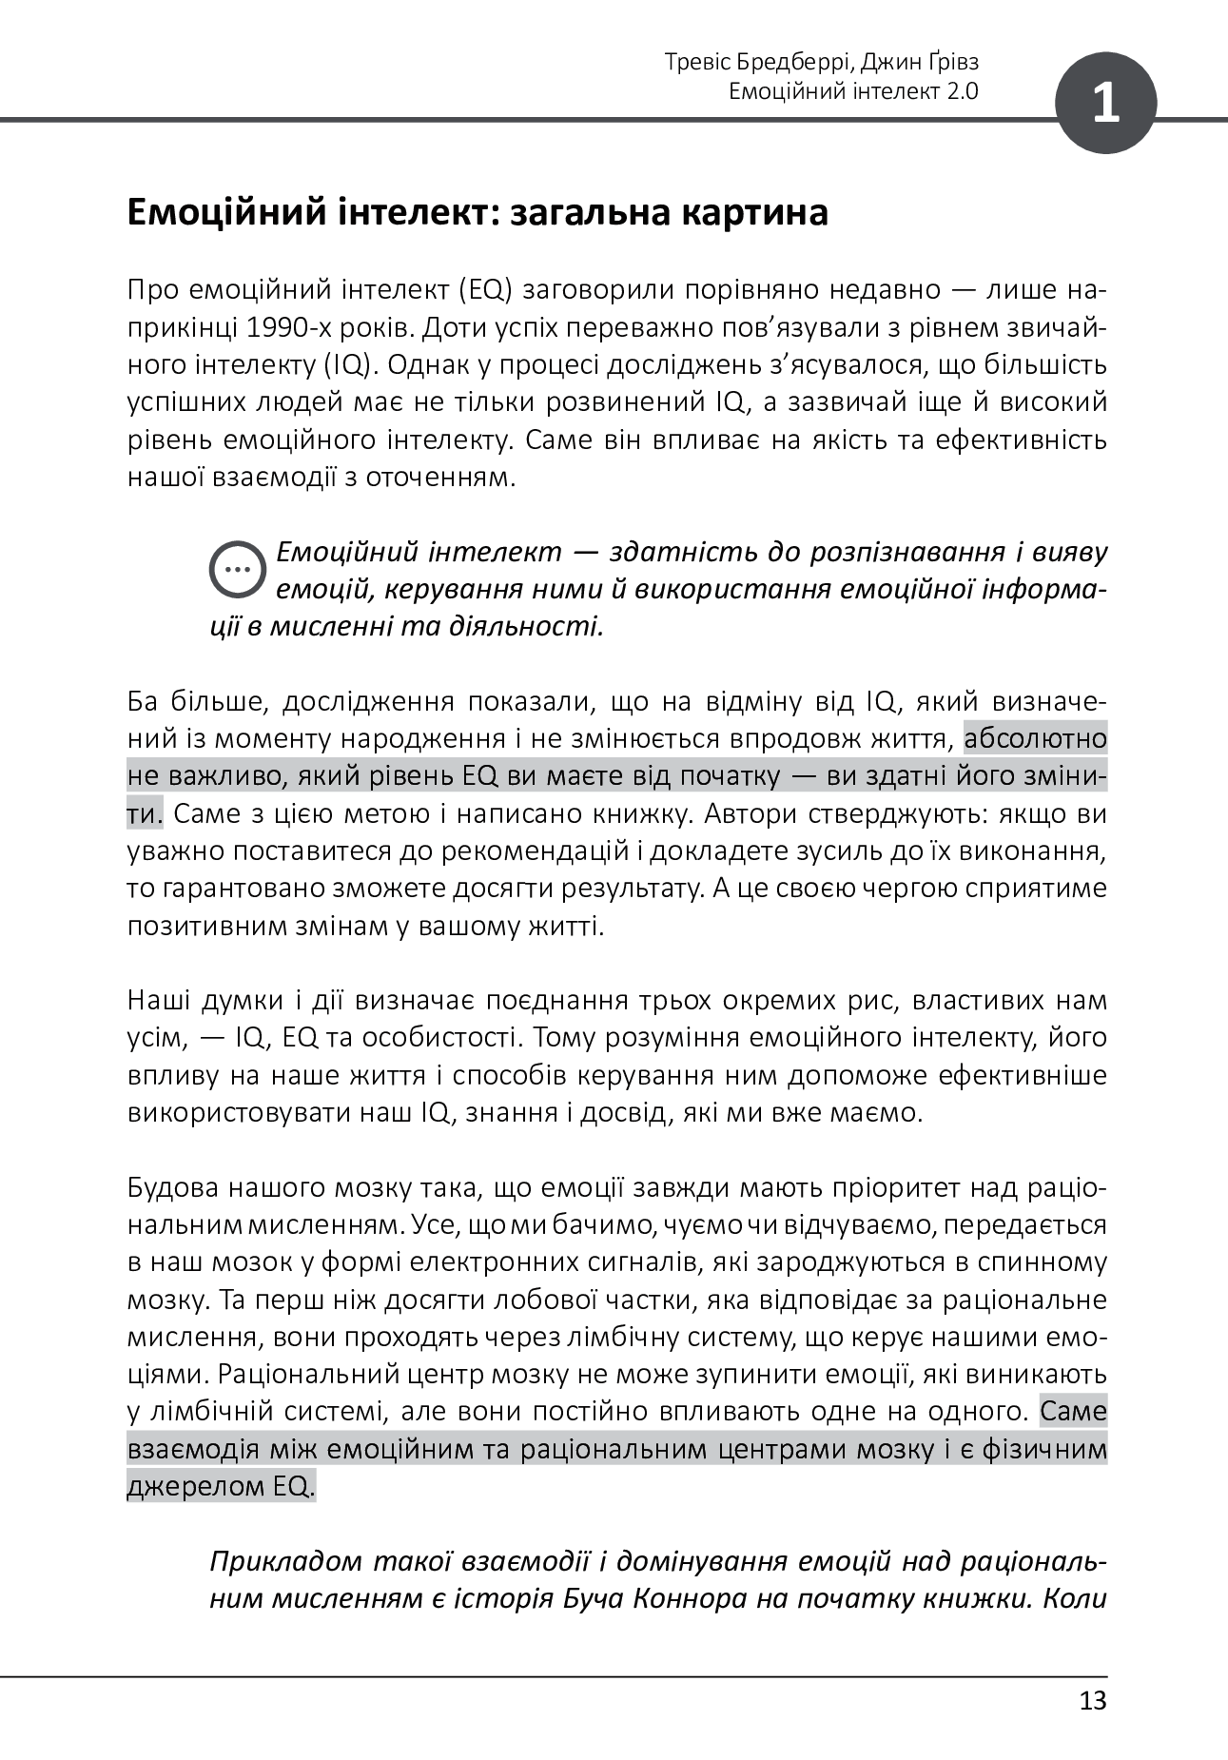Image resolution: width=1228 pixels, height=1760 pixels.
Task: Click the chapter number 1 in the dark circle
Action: click(1105, 103)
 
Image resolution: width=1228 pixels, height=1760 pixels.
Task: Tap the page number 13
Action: click(1093, 1700)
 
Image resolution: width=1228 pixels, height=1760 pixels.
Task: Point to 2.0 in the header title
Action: click(962, 91)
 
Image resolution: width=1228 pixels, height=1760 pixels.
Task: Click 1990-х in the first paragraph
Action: click(287, 327)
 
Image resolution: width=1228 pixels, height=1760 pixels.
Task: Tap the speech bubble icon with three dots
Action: click(237, 570)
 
